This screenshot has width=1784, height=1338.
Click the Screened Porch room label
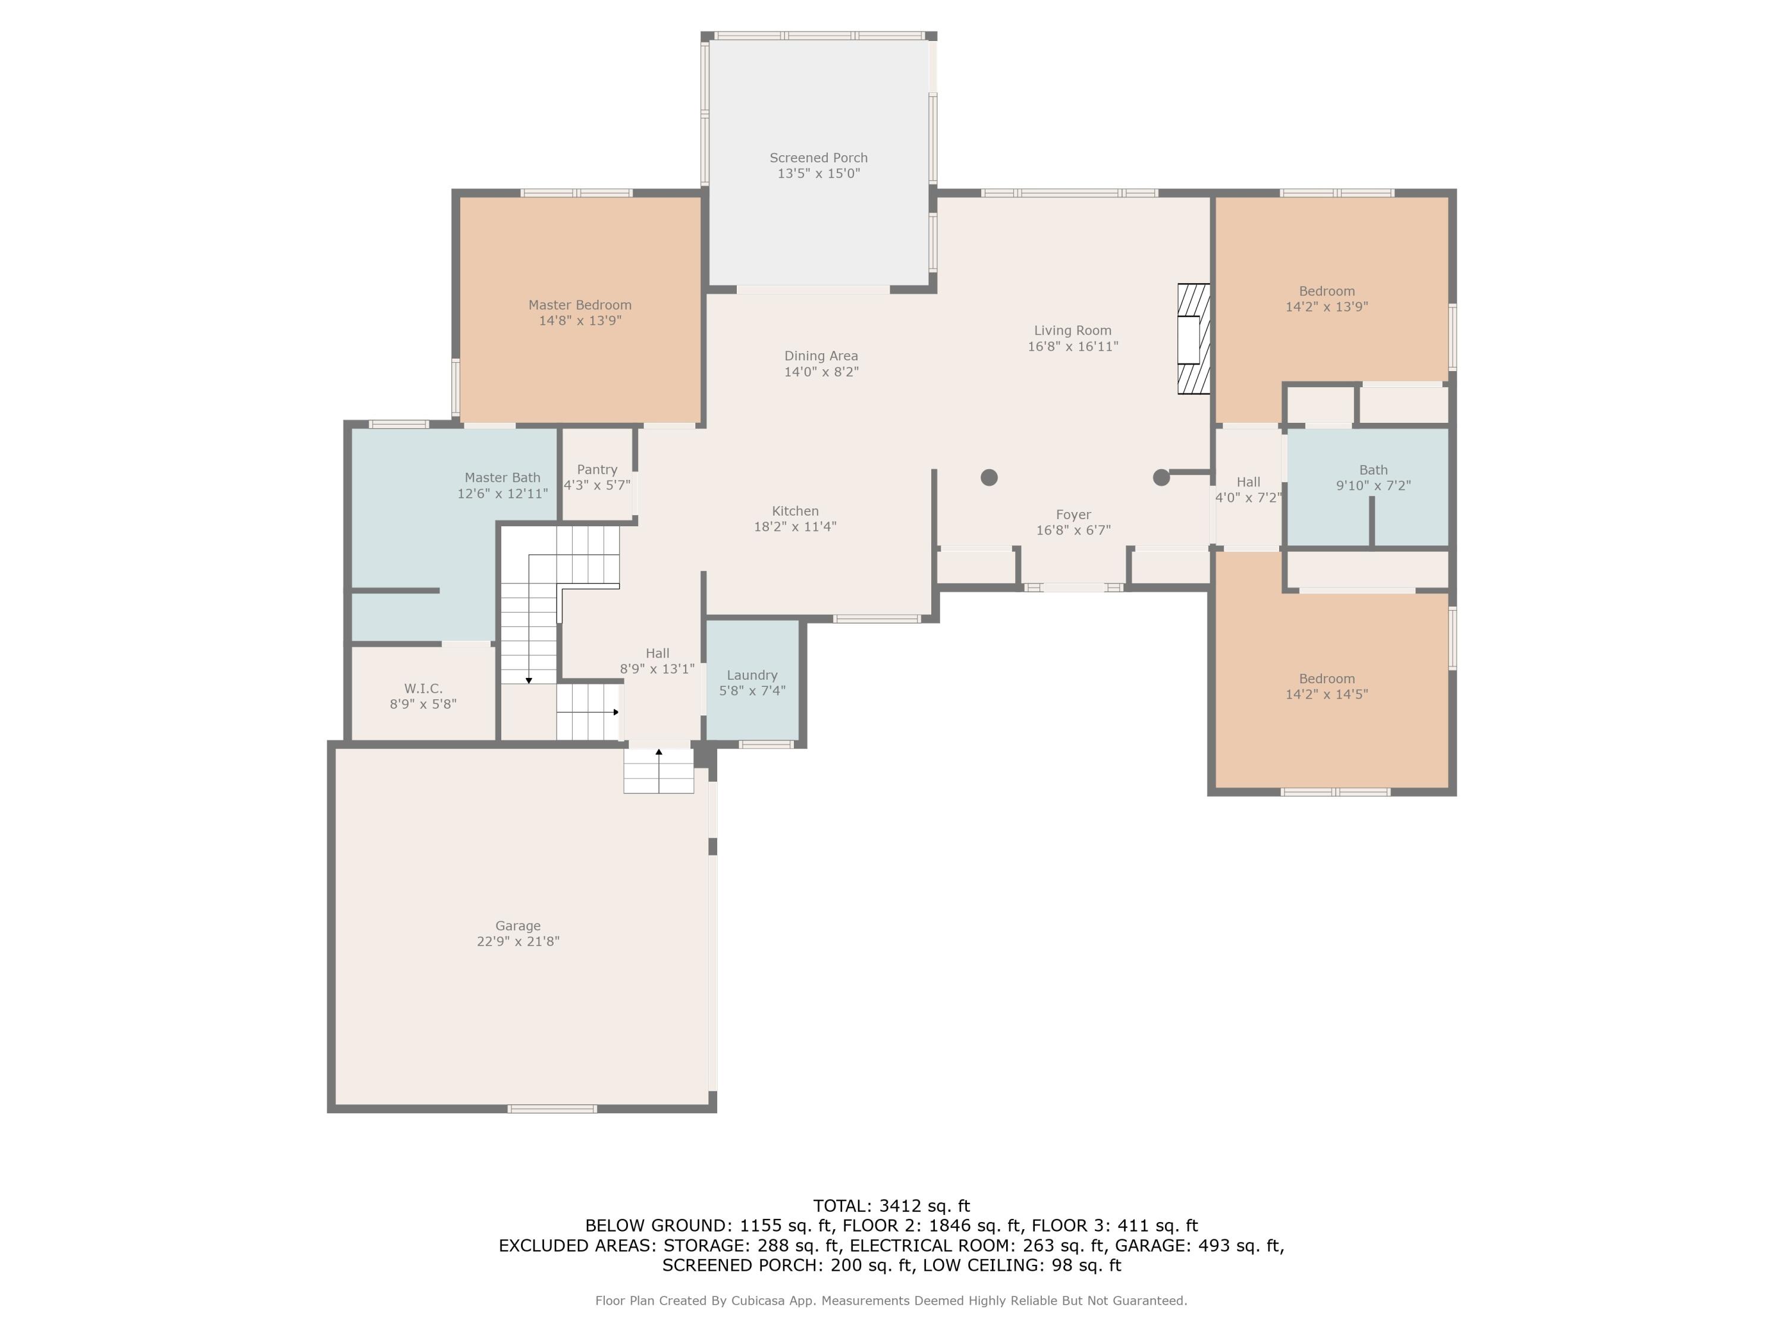(819, 158)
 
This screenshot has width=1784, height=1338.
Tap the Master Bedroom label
(580, 305)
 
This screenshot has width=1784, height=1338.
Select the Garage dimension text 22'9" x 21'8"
(518, 941)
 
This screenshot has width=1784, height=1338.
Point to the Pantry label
(597, 469)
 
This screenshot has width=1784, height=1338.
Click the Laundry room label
(752, 675)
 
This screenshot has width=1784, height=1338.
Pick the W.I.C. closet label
(423, 689)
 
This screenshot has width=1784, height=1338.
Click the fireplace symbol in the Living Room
(1193, 339)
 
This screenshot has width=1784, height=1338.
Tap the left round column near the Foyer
(990, 478)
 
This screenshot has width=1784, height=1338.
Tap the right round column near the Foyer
(1161, 478)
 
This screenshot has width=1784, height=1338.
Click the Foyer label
(1073, 514)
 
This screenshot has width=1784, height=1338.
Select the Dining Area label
(821, 356)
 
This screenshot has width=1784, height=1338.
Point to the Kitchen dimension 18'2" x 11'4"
(795, 527)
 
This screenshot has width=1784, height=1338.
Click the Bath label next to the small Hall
(1374, 470)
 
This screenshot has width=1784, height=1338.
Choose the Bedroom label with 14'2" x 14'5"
(1327, 679)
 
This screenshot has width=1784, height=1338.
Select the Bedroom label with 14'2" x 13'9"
(1327, 291)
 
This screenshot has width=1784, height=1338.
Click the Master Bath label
(502, 478)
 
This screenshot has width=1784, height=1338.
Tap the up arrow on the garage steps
(659, 770)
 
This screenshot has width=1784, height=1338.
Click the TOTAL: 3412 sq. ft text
(891, 1206)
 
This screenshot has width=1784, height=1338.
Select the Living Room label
(1073, 331)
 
